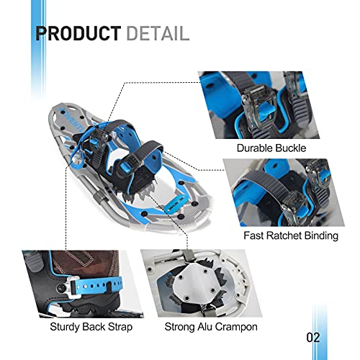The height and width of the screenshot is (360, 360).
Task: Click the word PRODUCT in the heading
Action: (78, 33)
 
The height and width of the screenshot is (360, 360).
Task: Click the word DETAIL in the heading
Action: (158, 33)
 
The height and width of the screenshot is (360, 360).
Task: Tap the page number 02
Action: (313, 338)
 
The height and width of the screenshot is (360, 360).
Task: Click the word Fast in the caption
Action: (253, 235)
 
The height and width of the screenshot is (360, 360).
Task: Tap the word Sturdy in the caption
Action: (64, 327)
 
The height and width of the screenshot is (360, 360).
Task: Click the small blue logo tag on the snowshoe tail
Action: (174, 203)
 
